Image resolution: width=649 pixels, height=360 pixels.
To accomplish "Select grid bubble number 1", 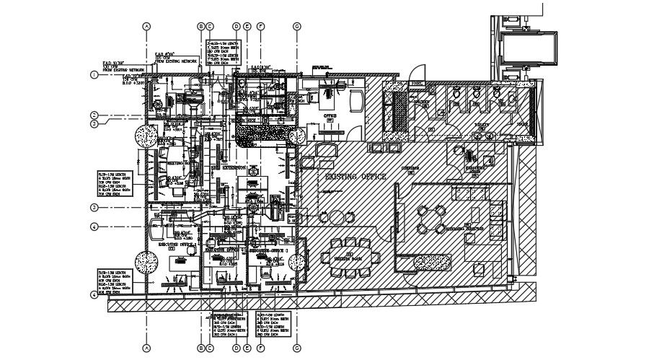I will point(94,74).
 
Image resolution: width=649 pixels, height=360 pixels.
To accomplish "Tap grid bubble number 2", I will point(94,115).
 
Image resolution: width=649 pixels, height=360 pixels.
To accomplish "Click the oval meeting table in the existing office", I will point(350,257).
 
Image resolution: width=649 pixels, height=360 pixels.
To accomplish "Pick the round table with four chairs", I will point(432,219).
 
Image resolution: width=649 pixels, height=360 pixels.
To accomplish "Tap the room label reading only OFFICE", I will point(331,115).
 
